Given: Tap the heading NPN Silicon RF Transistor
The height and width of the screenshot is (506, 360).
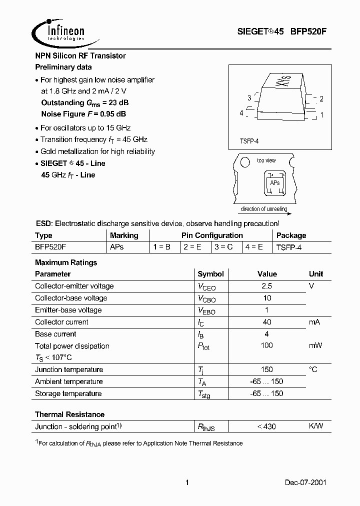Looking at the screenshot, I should click(x=80, y=56).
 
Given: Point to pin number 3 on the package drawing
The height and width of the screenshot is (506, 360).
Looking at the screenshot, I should click(x=249, y=98).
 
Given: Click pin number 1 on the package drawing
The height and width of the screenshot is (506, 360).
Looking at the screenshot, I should click(x=321, y=114).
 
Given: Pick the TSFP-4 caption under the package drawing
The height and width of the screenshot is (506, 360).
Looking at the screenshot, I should click(x=249, y=141).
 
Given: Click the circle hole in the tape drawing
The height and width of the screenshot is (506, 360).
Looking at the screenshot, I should click(x=244, y=163).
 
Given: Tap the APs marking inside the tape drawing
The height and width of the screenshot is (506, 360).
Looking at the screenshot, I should click(x=274, y=183).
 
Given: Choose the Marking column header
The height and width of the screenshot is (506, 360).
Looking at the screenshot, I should click(x=124, y=235).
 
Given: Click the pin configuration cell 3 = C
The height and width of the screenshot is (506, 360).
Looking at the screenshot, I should click(x=223, y=247).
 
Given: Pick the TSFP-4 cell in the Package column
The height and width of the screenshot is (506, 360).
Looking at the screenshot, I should click(x=289, y=247).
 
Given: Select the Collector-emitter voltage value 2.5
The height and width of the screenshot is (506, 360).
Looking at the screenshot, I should click(x=266, y=286).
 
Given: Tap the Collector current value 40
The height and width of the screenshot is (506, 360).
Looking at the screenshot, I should click(x=266, y=322).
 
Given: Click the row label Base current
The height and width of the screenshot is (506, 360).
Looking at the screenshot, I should click(x=55, y=334).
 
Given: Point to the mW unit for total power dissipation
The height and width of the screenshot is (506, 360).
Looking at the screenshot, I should click(x=315, y=345).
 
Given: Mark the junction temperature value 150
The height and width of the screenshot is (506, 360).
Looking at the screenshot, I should click(x=266, y=369).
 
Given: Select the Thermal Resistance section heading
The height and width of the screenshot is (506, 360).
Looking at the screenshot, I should click(x=69, y=414).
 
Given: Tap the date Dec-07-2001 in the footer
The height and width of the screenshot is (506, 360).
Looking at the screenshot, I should click(x=306, y=482).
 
